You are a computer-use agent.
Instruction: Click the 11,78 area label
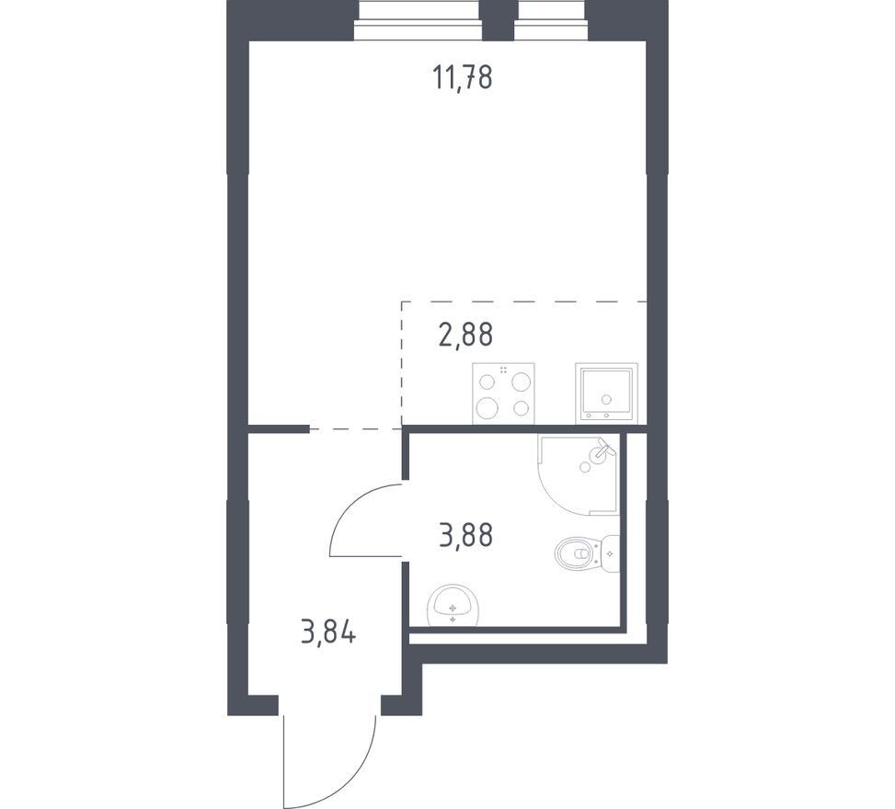coord(463,77)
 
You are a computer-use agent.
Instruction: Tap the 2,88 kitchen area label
coord(465,335)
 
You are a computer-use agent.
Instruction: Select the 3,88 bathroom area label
coord(465,536)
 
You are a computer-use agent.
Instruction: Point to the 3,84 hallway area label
coord(328,632)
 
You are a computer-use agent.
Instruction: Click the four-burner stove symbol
coord(503,393)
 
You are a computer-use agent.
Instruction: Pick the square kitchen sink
coord(605,393)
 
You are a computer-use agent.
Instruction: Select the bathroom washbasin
coord(453,605)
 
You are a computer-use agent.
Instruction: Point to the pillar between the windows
coord(499,20)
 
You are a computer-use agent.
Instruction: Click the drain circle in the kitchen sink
coord(605,399)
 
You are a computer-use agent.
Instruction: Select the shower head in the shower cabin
coord(602,450)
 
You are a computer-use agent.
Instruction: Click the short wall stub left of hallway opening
coord(279,429)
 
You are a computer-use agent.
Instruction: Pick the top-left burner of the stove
coord(488,382)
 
